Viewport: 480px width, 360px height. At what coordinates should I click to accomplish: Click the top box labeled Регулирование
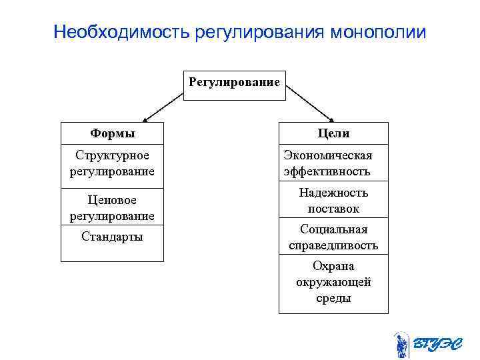pyautogui.click(x=234, y=83)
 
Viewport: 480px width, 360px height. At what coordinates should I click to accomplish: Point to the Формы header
pyautogui.click(x=112, y=133)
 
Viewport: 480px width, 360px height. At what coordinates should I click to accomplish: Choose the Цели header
pyautogui.click(x=333, y=133)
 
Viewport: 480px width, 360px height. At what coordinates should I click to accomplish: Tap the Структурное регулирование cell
pyautogui.click(x=112, y=163)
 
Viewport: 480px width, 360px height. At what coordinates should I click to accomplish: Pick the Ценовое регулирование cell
pyautogui.click(x=112, y=208)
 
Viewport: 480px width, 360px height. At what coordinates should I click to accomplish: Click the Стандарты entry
pyautogui.click(x=112, y=237)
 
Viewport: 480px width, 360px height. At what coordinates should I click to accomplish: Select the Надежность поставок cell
pyautogui.click(x=333, y=201)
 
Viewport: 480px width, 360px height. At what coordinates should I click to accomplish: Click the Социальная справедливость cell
pyautogui.click(x=333, y=237)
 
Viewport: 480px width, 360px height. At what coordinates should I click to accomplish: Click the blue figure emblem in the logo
pyautogui.click(x=401, y=344)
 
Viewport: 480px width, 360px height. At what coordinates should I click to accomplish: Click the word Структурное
pyautogui.click(x=112, y=156)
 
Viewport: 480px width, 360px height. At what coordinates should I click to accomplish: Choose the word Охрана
pyautogui.click(x=333, y=267)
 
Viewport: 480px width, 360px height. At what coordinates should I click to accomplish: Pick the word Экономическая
pyautogui.click(x=327, y=156)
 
